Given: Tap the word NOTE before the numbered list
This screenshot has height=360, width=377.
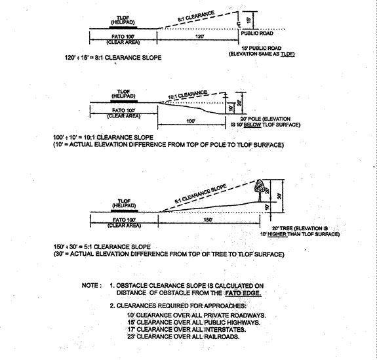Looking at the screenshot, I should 90,286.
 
